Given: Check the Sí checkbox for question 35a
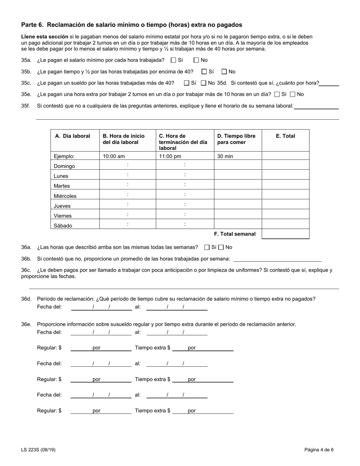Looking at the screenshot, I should click(x=174, y=60).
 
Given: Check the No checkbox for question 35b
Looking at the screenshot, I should click(x=224, y=72).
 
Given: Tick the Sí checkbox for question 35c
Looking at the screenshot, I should click(x=186, y=83).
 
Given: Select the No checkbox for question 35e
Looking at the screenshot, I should click(x=292, y=94).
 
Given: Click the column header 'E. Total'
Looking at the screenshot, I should click(x=285, y=136).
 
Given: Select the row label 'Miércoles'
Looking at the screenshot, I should click(x=65, y=196).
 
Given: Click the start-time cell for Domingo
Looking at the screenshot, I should click(x=127, y=165).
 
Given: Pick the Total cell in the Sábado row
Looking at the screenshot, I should click(x=285, y=224).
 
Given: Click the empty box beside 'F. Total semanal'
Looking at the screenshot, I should click(x=285, y=234).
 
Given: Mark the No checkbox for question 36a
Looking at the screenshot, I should click(x=221, y=247).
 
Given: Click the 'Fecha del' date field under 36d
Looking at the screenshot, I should click(x=101, y=307).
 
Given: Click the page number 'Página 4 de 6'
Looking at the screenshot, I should click(x=319, y=450).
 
